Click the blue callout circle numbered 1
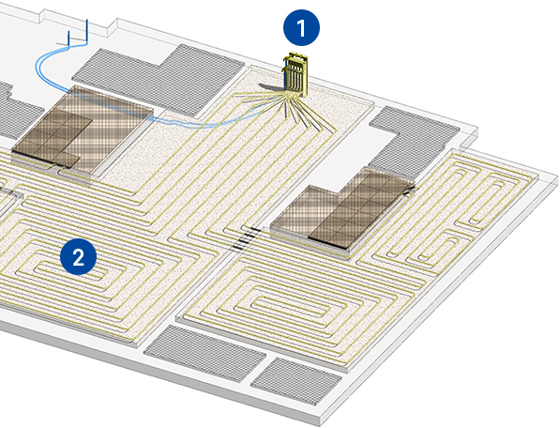[301, 28]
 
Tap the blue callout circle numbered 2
[78, 257]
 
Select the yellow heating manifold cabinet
[296, 74]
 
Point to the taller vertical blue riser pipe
[87, 32]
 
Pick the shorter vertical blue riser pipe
[69, 38]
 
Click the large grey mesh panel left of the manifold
[159, 80]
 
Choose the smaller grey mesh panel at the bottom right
[296, 381]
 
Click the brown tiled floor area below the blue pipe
[83, 130]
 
